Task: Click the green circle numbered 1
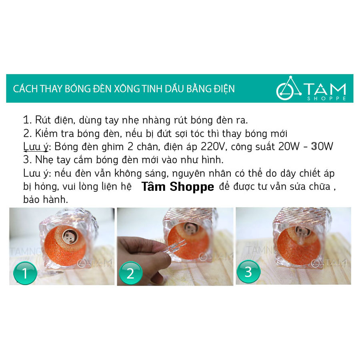coord(25,273)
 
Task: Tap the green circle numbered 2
coord(130,273)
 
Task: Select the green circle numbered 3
coord(248,272)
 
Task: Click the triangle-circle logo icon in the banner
coord(288,88)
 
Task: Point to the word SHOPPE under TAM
coord(326,98)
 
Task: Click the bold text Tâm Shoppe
coord(178,187)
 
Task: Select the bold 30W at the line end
coord(322,146)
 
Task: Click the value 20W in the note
coord(289,146)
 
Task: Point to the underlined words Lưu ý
coord(36,147)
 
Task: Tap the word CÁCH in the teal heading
coord(26,89)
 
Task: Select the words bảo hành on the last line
coord(46,200)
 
